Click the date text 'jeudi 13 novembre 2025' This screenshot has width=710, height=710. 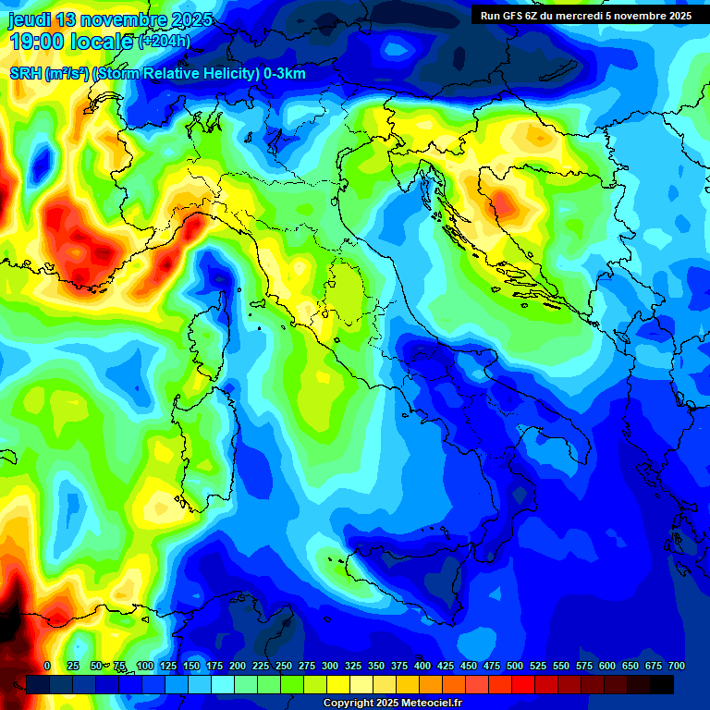click(111, 19)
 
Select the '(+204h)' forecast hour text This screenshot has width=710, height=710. click(164, 41)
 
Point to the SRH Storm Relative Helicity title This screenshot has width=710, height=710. click(157, 74)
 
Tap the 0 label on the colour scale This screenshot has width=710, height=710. click(47, 666)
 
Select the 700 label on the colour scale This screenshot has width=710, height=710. click(676, 666)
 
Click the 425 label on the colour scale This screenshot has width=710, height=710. click(422, 666)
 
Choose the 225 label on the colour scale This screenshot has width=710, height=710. click(238, 666)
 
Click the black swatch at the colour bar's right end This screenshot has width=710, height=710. click(662, 684)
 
